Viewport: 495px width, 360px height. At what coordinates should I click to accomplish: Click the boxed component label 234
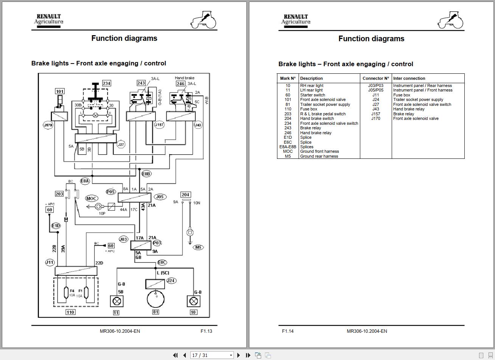coord(106,83)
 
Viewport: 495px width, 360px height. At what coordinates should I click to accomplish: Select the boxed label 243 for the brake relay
coord(141,83)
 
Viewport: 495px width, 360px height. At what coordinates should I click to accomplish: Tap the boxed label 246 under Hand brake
coord(181,84)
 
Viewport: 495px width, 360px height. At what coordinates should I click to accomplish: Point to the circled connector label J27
coord(121,144)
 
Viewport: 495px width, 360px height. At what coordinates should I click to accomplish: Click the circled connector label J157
coord(159,125)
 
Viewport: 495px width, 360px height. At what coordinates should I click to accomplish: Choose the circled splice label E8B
coord(146,174)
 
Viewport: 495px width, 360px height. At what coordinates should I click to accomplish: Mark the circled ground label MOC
coord(91,198)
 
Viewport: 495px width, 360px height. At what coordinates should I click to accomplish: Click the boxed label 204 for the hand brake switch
coord(185,195)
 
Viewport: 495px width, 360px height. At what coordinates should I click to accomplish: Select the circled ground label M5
coord(198,247)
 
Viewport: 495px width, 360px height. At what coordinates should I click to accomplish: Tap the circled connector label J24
coord(171,281)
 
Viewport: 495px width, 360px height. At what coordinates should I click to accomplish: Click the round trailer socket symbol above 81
coord(156,299)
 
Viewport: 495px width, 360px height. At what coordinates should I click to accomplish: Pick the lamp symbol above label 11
coord(116,301)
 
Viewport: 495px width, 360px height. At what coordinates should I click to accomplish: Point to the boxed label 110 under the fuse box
coord(70,312)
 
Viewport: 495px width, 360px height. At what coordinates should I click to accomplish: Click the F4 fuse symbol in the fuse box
coord(67,293)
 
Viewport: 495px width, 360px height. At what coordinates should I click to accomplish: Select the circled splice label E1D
coord(56,226)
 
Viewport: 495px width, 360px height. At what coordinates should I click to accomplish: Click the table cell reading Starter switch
coord(313,95)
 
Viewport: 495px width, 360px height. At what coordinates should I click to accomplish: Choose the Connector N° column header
coord(375,78)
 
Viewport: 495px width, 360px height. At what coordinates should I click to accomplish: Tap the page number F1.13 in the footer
coord(206,331)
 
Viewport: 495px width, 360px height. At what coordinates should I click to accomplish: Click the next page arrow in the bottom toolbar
coord(238,355)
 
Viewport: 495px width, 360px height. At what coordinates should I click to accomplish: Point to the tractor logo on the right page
coord(451,20)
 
